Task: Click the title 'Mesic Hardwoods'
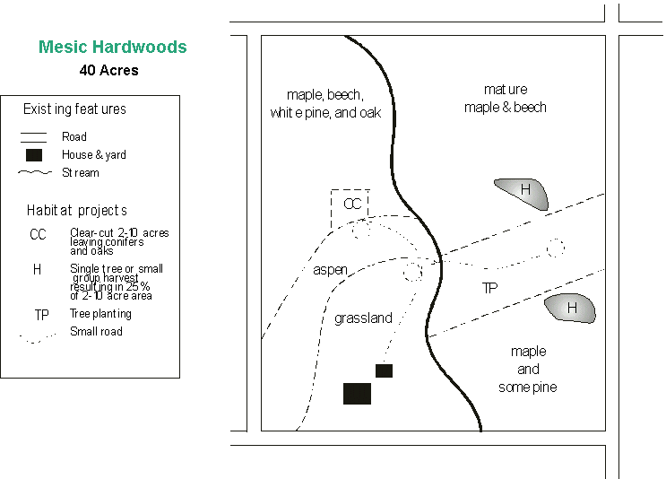(113, 48)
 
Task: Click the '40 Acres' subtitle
(108, 70)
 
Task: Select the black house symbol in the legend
(34, 154)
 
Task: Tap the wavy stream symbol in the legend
(36, 172)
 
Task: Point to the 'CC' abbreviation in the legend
(38, 235)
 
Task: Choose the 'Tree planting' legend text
(100, 314)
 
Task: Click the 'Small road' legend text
(96, 332)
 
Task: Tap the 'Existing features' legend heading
(74, 109)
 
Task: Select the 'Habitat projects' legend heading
(77, 211)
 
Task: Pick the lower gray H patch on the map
(570, 309)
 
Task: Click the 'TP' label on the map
(489, 289)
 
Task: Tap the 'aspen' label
(330, 270)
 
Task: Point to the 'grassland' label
(363, 318)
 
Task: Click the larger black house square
(357, 393)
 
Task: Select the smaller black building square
(384, 370)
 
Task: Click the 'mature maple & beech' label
(505, 99)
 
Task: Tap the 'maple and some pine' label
(528, 369)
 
